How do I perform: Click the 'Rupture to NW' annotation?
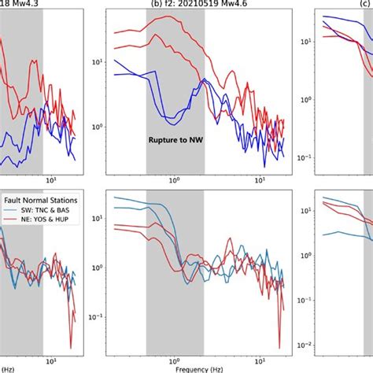175,139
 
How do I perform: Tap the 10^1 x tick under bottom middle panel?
260,357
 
